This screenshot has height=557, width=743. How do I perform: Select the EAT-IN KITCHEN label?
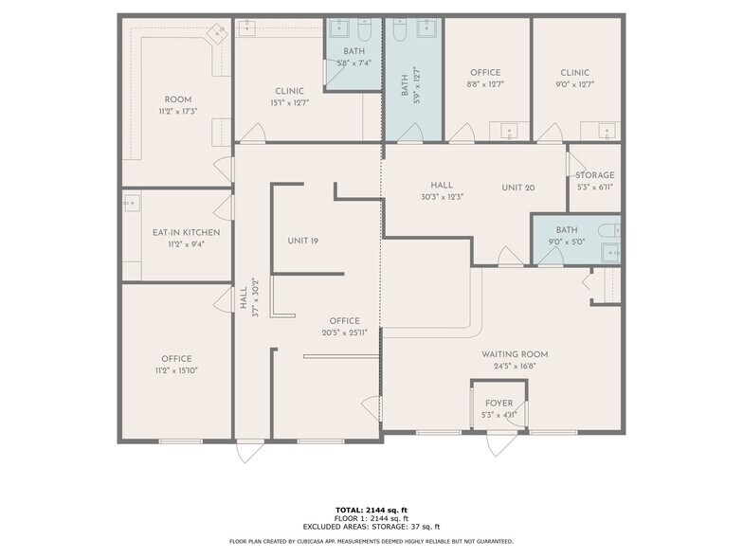[x=186, y=232]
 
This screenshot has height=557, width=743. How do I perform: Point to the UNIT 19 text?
[x=302, y=241]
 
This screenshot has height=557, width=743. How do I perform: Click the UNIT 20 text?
[x=518, y=188]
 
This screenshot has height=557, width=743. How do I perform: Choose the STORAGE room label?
[x=595, y=175]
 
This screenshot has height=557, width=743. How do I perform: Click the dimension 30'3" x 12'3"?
[x=442, y=197]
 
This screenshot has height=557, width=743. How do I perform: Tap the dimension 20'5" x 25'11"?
[x=344, y=332]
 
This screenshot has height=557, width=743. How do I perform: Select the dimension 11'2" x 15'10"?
[x=176, y=370]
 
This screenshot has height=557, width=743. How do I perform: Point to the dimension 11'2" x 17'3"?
[x=178, y=111]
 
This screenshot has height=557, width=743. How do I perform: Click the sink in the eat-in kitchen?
[x=132, y=201]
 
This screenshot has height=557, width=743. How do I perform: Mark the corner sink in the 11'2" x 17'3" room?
[x=220, y=30]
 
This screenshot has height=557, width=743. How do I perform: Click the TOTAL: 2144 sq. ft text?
[x=371, y=510]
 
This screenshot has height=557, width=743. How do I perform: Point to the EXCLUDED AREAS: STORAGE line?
[x=371, y=527]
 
